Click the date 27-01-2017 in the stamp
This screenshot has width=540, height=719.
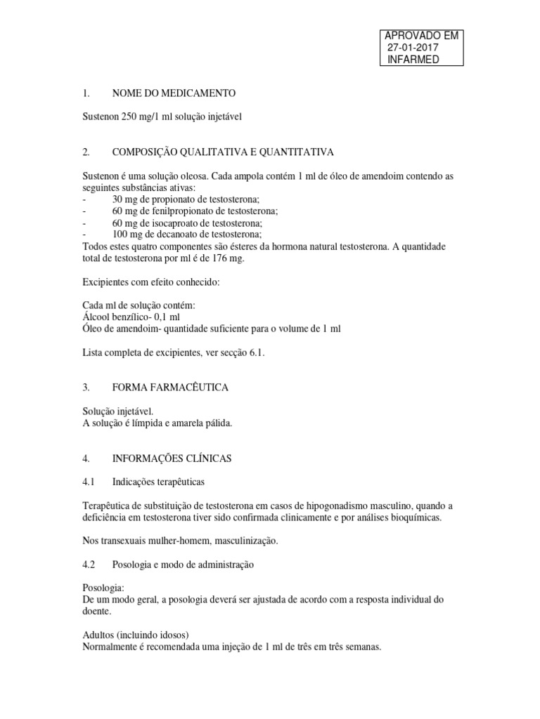(413, 47)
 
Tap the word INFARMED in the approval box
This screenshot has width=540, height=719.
(413, 59)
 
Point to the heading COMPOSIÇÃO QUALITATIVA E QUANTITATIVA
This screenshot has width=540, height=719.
(223, 152)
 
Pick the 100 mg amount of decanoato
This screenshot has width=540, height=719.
(127, 234)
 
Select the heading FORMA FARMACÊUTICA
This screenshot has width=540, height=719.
(170, 387)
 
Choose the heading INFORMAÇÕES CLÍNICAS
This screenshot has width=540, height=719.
(172, 458)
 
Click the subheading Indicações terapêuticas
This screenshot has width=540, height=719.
(159, 482)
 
